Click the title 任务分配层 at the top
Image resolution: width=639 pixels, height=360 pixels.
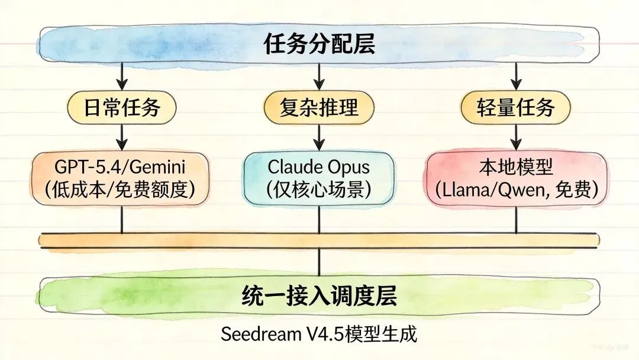(319, 44)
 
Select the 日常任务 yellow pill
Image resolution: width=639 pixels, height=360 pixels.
(122, 108)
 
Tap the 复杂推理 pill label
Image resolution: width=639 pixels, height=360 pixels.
(319, 108)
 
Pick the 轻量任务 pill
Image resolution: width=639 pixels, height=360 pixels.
(515, 108)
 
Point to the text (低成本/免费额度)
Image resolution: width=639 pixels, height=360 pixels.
(122, 189)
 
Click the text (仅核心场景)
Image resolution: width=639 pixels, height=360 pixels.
(319, 189)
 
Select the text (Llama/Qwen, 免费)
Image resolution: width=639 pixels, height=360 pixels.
(515, 189)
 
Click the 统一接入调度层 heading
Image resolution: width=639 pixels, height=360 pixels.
(319, 295)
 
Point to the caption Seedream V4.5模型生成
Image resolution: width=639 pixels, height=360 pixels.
(319, 335)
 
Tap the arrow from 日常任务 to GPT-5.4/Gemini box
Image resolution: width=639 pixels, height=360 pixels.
(122, 137)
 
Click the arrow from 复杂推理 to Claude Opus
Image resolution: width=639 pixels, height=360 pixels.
(319, 137)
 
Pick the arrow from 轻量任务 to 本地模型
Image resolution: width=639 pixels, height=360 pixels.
(516, 137)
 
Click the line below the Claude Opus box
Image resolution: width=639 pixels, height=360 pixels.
(319, 220)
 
